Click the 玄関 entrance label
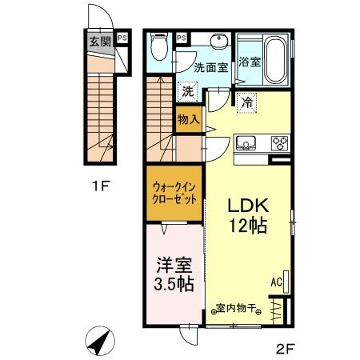(100, 41)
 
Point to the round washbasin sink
(219, 42)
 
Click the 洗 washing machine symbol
(188, 92)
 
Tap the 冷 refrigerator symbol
(247, 103)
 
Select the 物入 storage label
(188, 120)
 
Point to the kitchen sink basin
(246, 143)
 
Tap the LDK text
(249, 206)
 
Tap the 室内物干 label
(236, 308)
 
